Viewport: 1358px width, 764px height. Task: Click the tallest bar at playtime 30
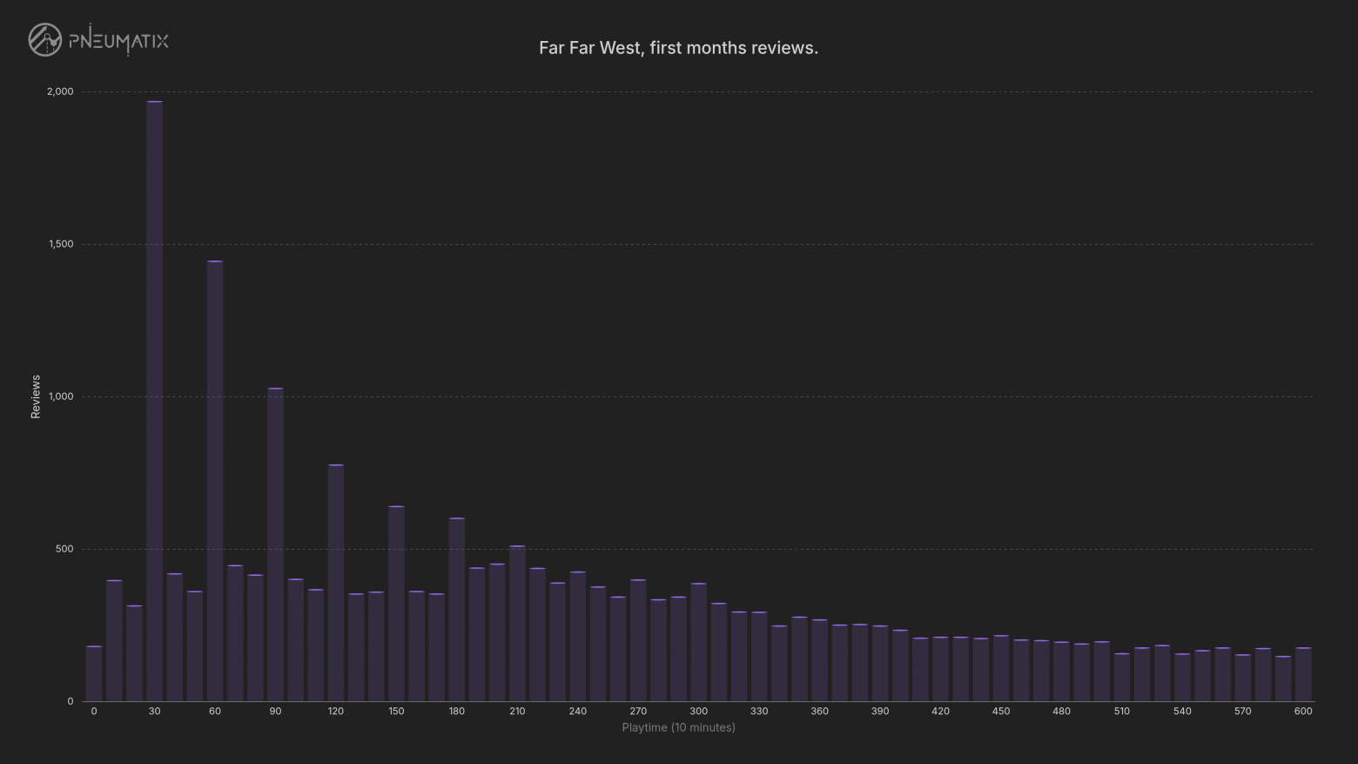click(x=155, y=401)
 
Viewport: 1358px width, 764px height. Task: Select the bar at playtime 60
click(x=215, y=481)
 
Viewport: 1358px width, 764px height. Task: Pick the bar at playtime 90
click(x=275, y=544)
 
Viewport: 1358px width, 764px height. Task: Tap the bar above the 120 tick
click(x=336, y=583)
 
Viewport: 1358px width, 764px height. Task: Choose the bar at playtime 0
click(x=94, y=673)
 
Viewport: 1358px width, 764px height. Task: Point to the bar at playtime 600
click(x=1303, y=674)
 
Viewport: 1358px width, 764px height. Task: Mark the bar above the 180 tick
click(x=457, y=609)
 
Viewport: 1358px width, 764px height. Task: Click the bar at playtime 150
click(x=396, y=603)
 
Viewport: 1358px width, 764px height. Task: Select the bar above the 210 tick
click(x=517, y=623)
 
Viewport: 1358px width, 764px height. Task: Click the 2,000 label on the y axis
click(x=60, y=91)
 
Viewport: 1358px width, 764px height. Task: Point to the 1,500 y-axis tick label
click(x=61, y=244)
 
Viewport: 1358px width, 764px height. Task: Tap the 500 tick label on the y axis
click(x=64, y=549)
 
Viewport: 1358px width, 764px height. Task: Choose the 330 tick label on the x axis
click(x=759, y=711)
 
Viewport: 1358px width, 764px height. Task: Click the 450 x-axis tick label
click(x=1001, y=711)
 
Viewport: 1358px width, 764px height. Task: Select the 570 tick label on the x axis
click(x=1243, y=711)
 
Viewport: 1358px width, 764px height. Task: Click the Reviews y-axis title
click(x=36, y=397)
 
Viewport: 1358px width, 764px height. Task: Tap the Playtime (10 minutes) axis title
click(x=678, y=727)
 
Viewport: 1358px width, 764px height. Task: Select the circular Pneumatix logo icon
click(x=45, y=40)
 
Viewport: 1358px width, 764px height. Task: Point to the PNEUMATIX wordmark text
click(x=118, y=40)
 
